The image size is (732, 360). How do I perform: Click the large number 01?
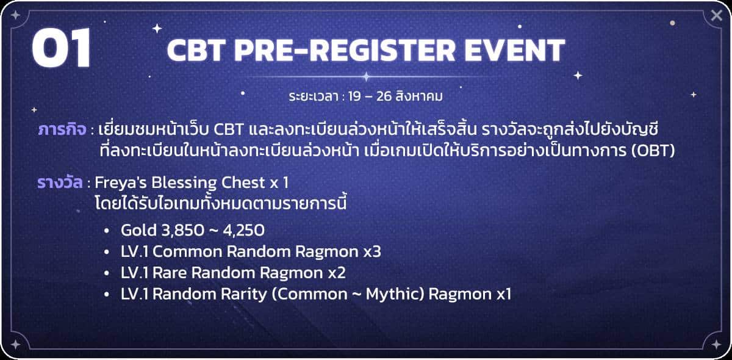[62, 48]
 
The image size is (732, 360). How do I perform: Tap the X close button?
[717, 15]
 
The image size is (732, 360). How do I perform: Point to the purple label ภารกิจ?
[62, 129]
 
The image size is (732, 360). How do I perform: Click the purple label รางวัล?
[60, 182]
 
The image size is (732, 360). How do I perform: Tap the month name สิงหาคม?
[419, 96]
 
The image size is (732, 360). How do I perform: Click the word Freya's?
[121, 183]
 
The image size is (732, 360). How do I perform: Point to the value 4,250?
[244, 231]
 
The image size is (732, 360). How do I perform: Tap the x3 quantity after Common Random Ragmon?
[372, 252]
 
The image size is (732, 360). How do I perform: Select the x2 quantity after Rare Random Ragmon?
[337, 273]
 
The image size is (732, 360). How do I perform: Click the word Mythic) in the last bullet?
[395, 294]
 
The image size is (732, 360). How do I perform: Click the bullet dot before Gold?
[106, 231]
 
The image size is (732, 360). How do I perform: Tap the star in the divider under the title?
[367, 77]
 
